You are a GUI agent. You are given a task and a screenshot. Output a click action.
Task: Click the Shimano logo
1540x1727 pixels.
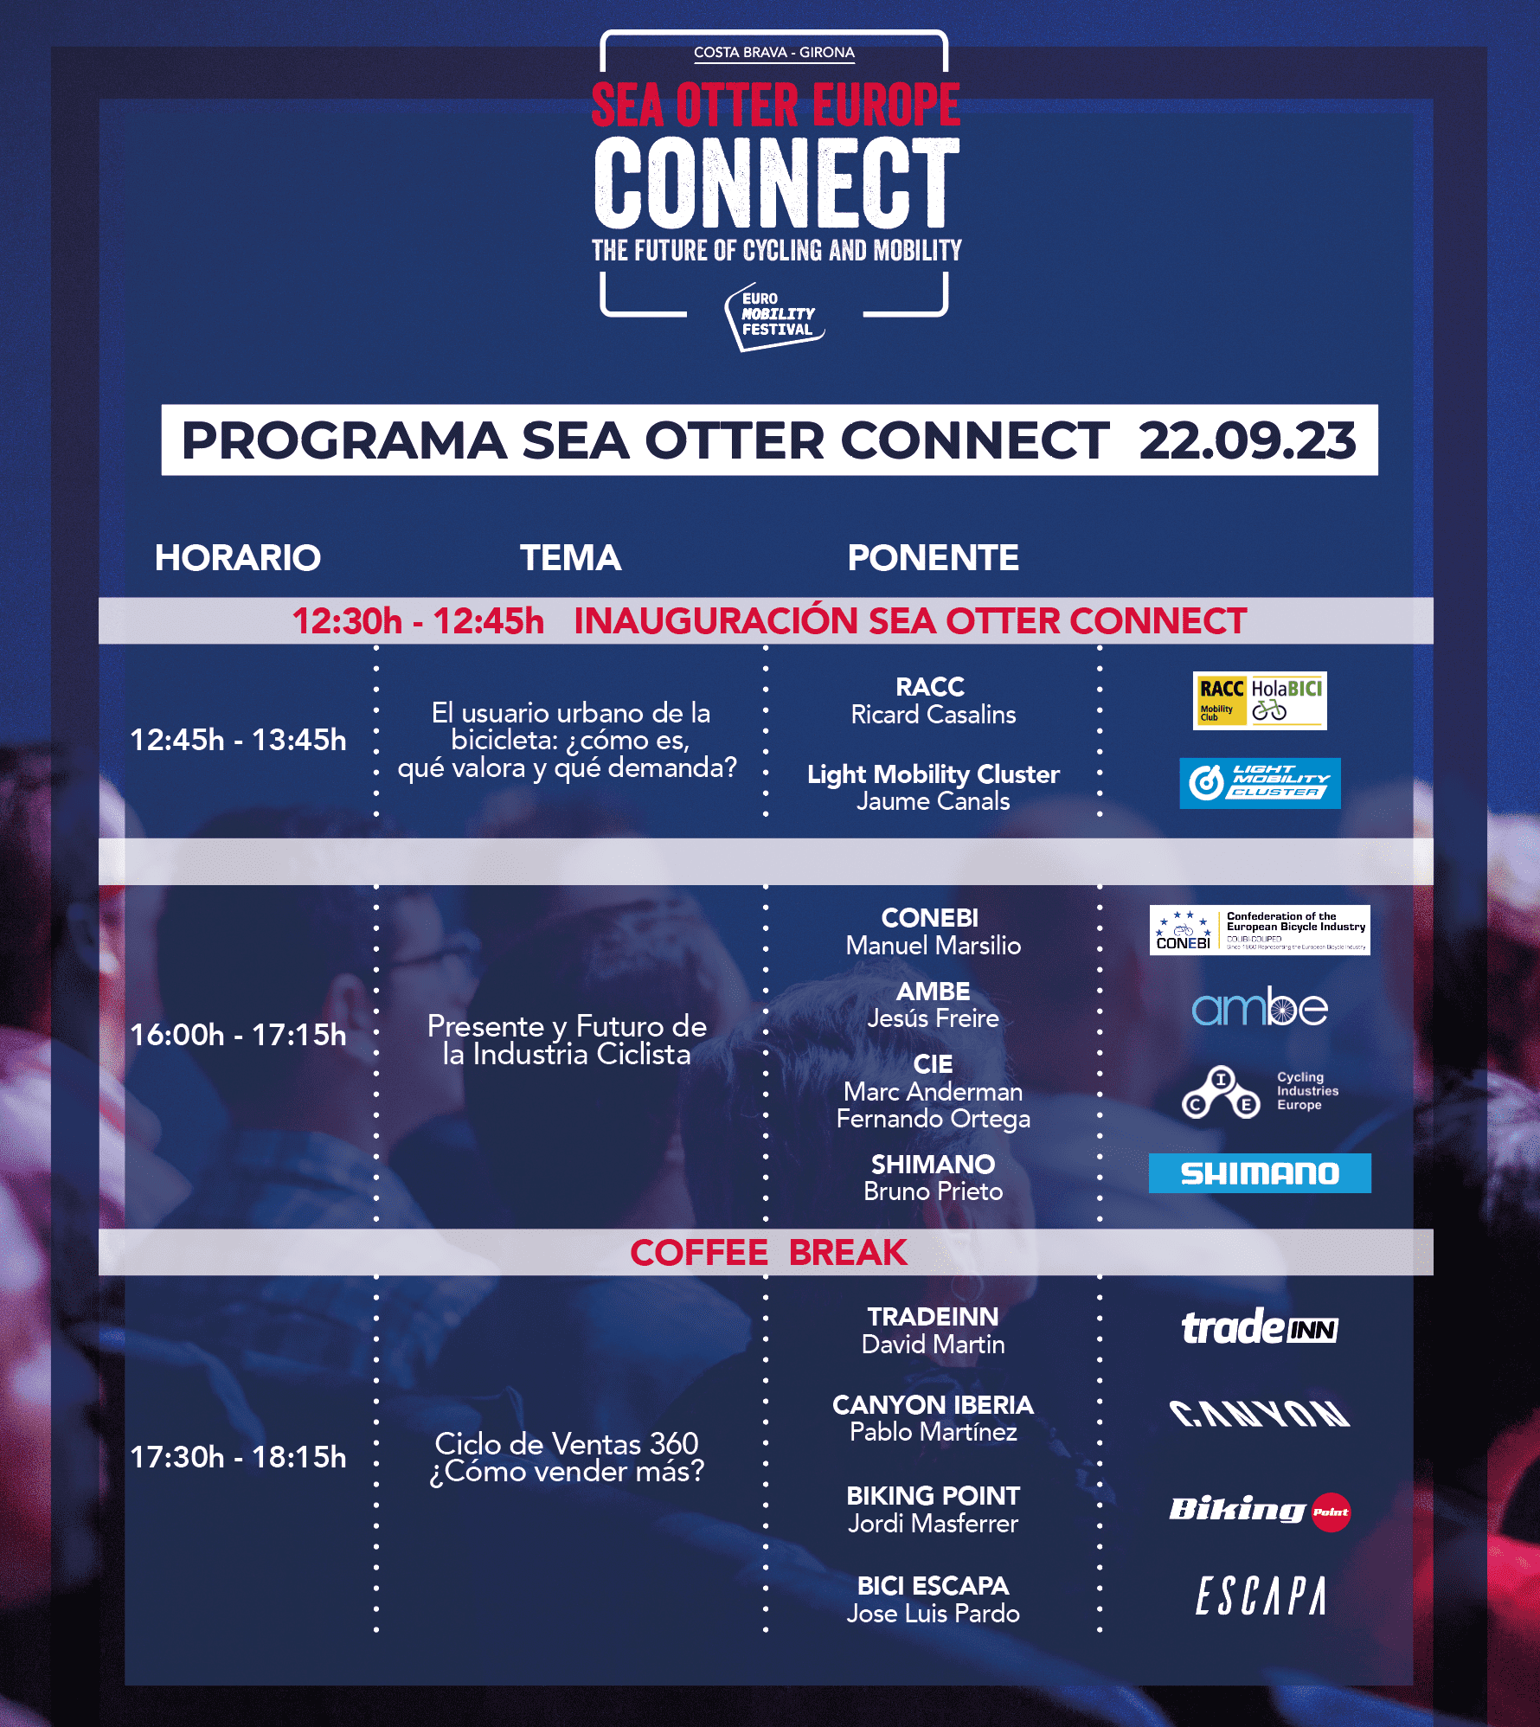tap(1260, 1173)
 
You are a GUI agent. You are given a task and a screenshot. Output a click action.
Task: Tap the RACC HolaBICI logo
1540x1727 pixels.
tap(1260, 701)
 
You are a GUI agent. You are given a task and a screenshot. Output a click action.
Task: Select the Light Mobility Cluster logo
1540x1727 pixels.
tap(1260, 784)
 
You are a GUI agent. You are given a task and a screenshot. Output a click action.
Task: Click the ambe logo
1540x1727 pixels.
tap(1260, 1006)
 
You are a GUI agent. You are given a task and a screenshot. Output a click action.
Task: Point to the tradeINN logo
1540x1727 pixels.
tap(1260, 1327)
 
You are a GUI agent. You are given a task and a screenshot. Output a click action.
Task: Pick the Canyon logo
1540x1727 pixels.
tap(1260, 1413)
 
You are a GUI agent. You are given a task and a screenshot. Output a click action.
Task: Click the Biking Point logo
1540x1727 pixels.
tap(1260, 1511)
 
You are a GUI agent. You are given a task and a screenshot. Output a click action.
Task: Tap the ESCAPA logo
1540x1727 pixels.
tap(1261, 1595)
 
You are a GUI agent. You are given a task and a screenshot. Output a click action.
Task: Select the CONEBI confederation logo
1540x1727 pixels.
tap(1260, 930)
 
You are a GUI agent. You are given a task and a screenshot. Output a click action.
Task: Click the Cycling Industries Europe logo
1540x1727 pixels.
tap(1260, 1092)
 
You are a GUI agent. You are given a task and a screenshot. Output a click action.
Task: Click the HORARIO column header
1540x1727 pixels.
tap(238, 558)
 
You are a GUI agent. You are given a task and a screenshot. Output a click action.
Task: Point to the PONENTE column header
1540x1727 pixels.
tap(933, 558)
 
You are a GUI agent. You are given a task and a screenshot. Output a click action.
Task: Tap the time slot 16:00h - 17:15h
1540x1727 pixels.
tap(238, 1035)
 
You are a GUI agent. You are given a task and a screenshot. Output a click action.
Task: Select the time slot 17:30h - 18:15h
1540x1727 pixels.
tap(238, 1457)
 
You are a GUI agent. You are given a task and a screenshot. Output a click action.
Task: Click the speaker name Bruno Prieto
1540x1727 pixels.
tap(934, 1191)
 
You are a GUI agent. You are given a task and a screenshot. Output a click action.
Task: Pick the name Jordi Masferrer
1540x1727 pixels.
tap(934, 1524)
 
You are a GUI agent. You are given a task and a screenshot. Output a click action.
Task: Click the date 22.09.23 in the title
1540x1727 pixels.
tap(1247, 440)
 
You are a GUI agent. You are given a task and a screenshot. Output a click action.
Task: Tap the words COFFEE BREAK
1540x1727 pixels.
tap(768, 1252)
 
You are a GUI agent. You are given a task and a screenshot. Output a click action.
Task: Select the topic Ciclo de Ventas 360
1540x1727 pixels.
tap(567, 1443)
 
